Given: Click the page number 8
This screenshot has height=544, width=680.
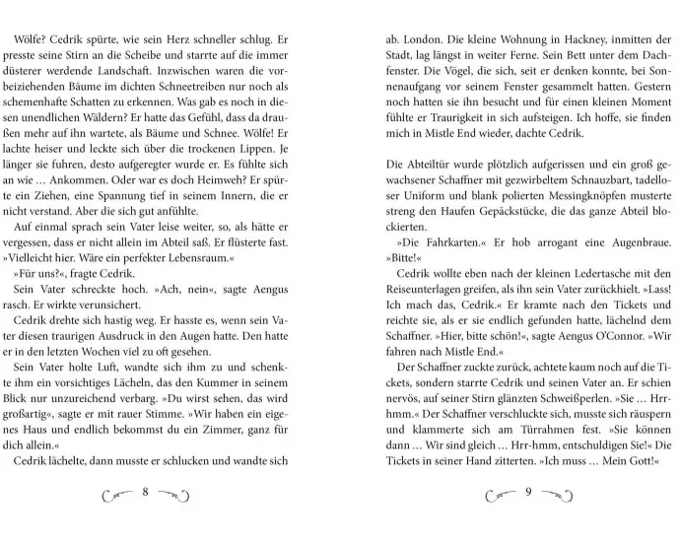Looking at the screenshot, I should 144,493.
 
